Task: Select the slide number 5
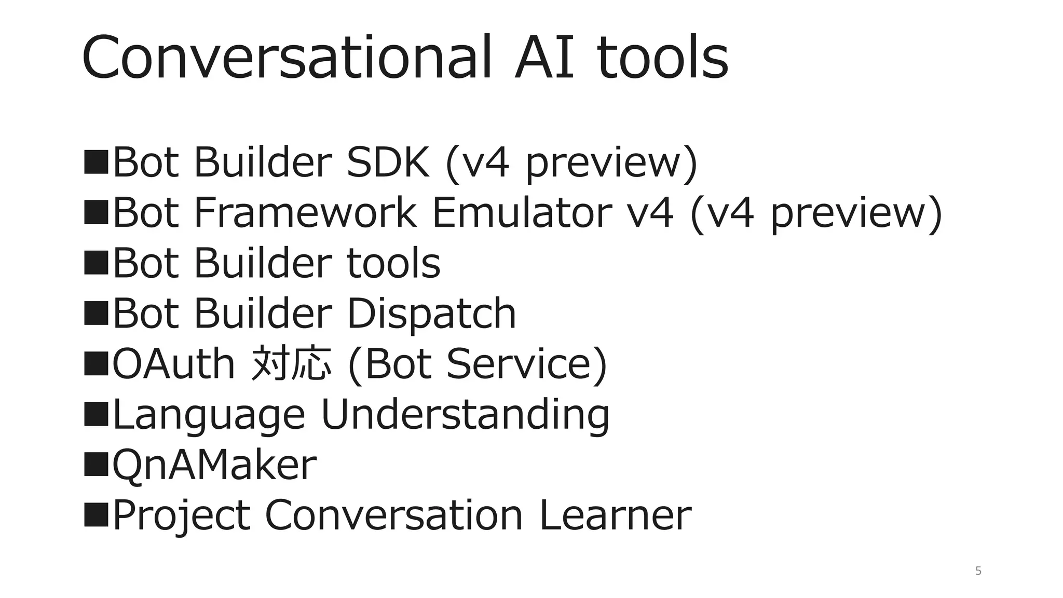(978, 571)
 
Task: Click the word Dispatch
(431, 314)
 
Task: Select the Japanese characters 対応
(291, 363)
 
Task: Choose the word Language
(208, 415)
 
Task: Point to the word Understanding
(465, 415)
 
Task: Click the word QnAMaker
(214, 465)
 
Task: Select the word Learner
(615, 515)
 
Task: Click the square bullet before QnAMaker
(96, 464)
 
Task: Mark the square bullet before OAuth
(96, 363)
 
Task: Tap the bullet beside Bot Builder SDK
(96, 161)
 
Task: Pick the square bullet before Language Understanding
(96, 413)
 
